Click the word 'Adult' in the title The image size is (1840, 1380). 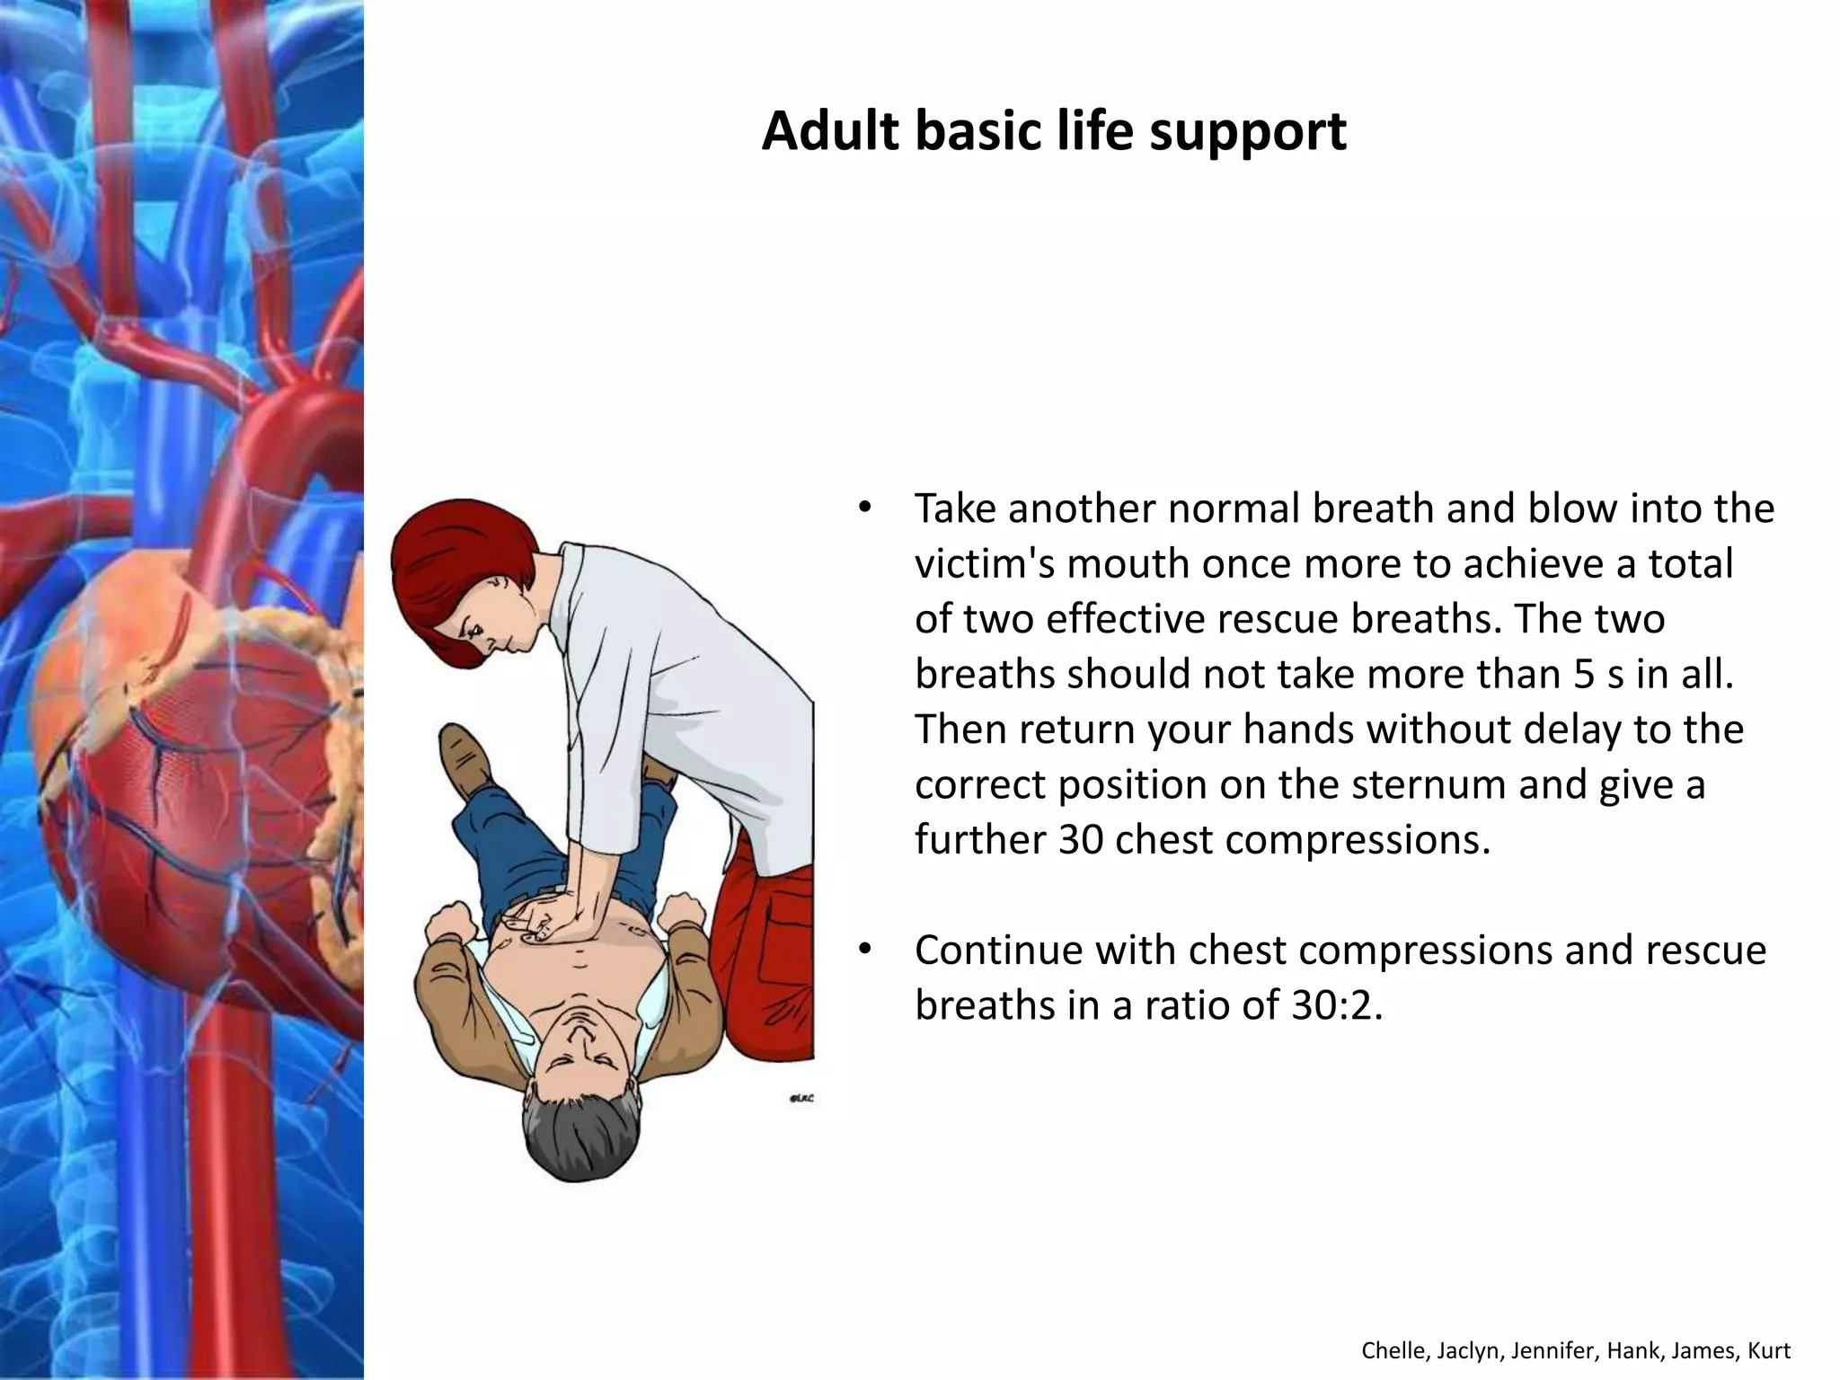point(830,131)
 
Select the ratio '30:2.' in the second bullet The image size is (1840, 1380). point(1336,1005)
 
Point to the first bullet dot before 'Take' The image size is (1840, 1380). point(864,507)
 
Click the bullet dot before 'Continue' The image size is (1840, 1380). point(864,949)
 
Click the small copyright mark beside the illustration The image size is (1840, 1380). point(801,1098)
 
